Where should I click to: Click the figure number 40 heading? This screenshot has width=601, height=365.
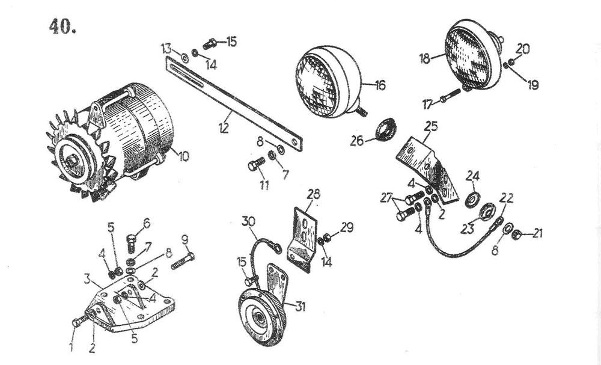pyautogui.click(x=62, y=27)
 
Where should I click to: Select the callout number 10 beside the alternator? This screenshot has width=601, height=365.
pyautogui.click(x=183, y=156)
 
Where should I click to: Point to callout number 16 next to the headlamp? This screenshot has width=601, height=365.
pyautogui.click(x=380, y=85)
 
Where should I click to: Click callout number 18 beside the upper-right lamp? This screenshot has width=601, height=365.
pyautogui.click(x=425, y=59)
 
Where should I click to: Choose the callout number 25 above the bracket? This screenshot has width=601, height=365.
pyautogui.click(x=431, y=126)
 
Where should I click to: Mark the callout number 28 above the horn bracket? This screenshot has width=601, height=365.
pyautogui.click(x=313, y=194)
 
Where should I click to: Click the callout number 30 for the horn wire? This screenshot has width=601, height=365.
pyautogui.click(x=248, y=222)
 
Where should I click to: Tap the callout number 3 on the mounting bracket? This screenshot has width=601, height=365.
pyautogui.click(x=87, y=279)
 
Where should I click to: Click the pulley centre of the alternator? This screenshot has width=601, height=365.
pyautogui.click(x=72, y=162)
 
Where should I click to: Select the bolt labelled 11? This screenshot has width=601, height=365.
pyautogui.click(x=256, y=164)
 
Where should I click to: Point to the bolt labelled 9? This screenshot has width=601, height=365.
pyautogui.click(x=183, y=262)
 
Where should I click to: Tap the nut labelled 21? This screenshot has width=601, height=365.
pyautogui.click(x=516, y=234)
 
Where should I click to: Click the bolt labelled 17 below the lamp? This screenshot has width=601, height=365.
pyautogui.click(x=450, y=96)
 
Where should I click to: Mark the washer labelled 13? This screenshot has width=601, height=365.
pyautogui.click(x=185, y=58)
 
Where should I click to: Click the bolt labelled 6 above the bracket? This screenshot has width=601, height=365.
pyautogui.click(x=131, y=243)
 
